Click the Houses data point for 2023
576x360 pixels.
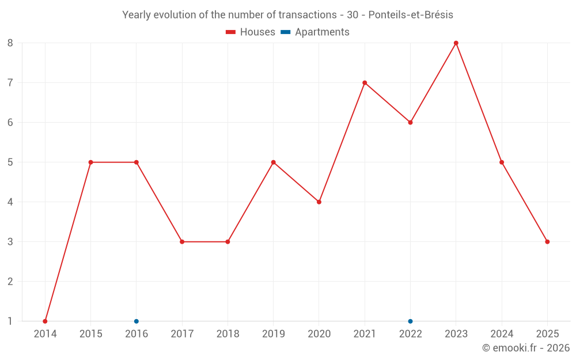click(x=456, y=43)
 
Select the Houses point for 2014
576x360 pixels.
click(x=45, y=321)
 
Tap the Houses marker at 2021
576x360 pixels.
click(x=365, y=83)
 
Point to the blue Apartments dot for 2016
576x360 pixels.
click(x=137, y=321)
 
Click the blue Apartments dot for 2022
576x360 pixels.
click(x=410, y=321)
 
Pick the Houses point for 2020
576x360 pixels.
click(x=319, y=202)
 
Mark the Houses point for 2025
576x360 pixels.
click(x=547, y=242)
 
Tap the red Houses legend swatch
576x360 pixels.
click(x=230, y=32)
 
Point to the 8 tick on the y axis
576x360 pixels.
click(x=10, y=43)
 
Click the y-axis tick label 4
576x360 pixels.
click(x=10, y=202)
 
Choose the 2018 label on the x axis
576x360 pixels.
click(x=228, y=334)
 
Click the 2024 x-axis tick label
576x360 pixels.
click(x=502, y=334)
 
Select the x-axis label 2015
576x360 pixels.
click(x=90, y=334)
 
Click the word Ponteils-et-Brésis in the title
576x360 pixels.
click(x=410, y=15)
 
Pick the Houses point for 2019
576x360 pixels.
click(x=273, y=162)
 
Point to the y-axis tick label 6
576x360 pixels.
click(x=10, y=123)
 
